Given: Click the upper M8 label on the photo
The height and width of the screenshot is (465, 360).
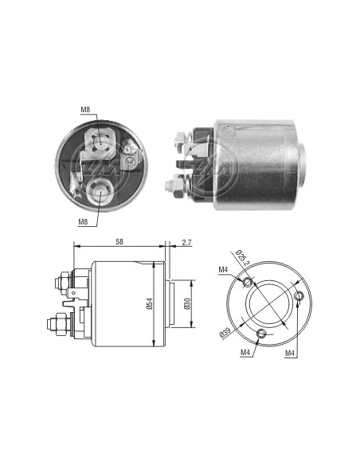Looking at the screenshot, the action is point(85,110).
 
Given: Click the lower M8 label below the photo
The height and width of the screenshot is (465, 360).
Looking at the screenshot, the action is point(83,221).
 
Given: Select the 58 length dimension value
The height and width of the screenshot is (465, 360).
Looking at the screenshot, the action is point(119,242).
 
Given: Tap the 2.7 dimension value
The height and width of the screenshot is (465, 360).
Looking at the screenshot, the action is point(186,243).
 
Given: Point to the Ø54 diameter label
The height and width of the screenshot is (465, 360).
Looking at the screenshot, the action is point(149,304).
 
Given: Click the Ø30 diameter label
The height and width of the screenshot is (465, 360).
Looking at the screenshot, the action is point(186,304).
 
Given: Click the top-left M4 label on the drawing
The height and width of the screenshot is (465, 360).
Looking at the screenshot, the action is point(223,270).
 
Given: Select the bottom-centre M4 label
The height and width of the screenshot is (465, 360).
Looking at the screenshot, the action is point(245,352).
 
